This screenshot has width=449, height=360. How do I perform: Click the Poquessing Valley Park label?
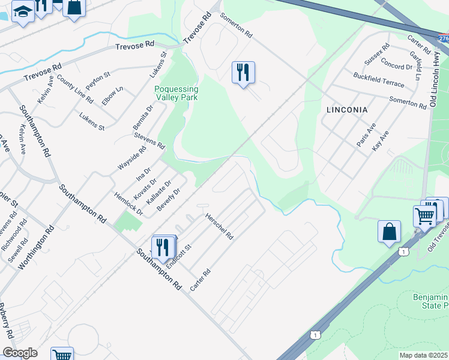(x=176, y=93)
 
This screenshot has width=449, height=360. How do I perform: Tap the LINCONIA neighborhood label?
(x=347, y=110)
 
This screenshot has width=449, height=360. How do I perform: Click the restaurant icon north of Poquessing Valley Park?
(x=243, y=73)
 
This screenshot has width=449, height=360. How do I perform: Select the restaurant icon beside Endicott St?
(x=163, y=247)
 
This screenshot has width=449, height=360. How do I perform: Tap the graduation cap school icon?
(x=23, y=11)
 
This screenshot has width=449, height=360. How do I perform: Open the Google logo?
(x=20, y=353)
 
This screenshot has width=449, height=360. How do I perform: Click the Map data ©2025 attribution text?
(x=423, y=355)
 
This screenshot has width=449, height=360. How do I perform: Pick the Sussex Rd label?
(x=376, y=54)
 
